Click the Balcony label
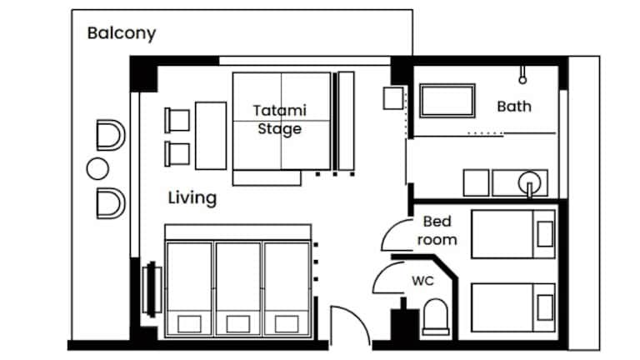(x=122, y=33)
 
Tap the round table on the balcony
(x=98, y=168)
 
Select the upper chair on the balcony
(x=111, y=135)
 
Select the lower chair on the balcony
(x=111, y=203)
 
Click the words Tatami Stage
(x=280, y=120)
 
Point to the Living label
(x=192, y=198)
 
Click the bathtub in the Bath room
(x=447, y=101)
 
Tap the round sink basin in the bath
(x=529, y=182)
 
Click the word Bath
(x=514, y=107)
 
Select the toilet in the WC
(x=436, y=317)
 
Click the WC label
(x=422, y=281)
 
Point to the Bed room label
(x=437, y=231)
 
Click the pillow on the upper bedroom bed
(x=545, y=234)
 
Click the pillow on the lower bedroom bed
(x=545, y=307)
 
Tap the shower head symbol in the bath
(x=522, y=76)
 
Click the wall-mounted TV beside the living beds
(x=152, y=289)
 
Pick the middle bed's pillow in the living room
(x=238, y=324)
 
